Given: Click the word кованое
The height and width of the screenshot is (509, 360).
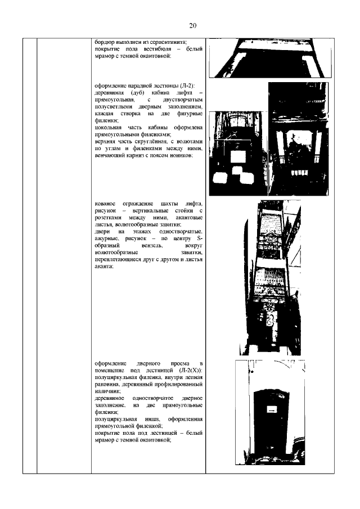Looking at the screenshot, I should (x=107, y=202).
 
